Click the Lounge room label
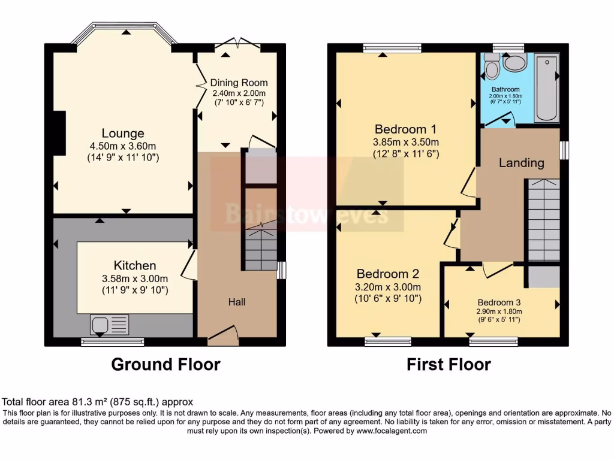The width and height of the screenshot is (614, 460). (122, 133)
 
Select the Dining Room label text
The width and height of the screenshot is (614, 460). (239, 83)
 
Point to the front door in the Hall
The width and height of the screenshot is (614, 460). (223, 335)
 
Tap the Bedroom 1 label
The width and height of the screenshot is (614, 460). (405, 129)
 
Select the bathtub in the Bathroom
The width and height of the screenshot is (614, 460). (546, 89)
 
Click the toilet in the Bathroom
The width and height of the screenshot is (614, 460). (492, 67)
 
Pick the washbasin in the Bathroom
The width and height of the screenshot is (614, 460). (514, 62)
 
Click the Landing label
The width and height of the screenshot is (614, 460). (521, 162)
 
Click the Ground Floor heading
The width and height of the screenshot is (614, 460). (165, 364)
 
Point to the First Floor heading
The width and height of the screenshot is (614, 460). (449, 364)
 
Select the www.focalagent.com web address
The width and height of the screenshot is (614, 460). (392, 431)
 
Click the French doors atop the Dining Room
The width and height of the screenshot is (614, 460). (237, 44)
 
